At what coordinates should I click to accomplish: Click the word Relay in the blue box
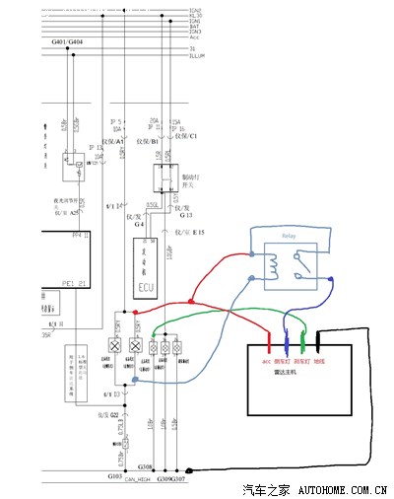289,238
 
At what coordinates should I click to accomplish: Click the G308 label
146,465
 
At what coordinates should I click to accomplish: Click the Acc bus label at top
194,36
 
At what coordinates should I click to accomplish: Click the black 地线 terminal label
319,361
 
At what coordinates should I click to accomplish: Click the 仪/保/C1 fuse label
185,135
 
